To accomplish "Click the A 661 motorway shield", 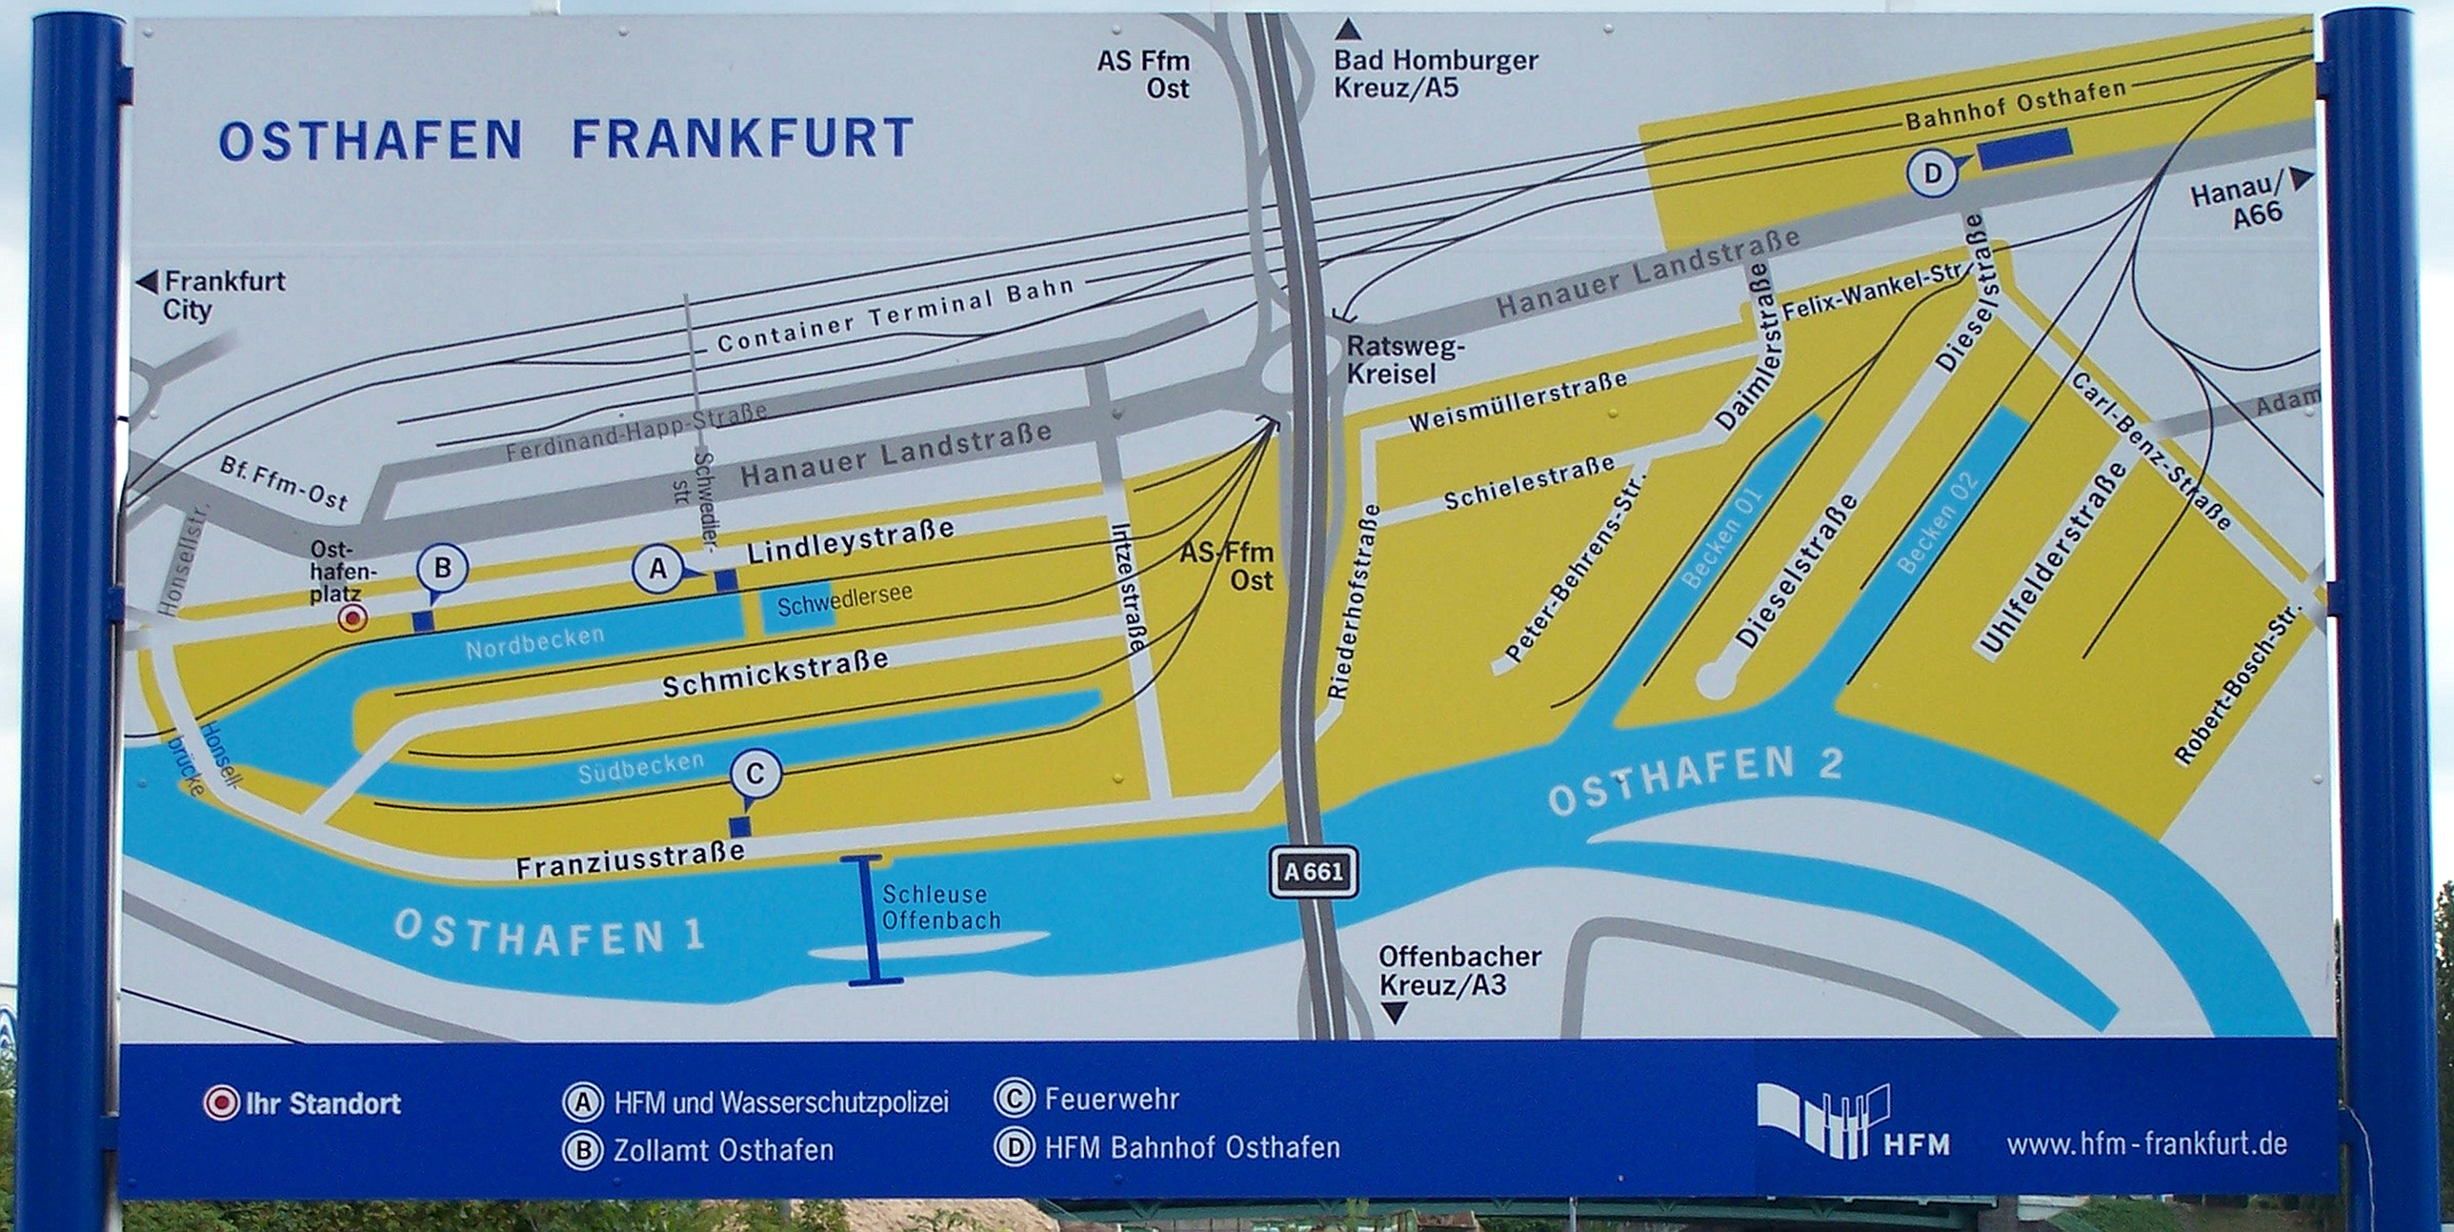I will click(1313, 871).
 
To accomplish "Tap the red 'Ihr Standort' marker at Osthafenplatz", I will click(353, 619).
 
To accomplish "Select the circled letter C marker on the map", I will click(755, 774).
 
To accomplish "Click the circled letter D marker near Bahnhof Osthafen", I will click(1932, 174).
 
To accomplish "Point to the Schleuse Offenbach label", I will click(940, 907).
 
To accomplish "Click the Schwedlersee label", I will click(844, 599).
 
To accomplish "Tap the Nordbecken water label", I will click(534, 642).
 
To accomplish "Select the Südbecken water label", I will click(640, 768).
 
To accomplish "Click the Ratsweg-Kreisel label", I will click(1404, 359).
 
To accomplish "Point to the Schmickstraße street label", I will click(774, 672).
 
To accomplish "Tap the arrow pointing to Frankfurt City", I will click(147, 282).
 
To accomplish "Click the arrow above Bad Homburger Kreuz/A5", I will click(1348, 30).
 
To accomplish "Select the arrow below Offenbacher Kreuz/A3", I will click(1394, 1013).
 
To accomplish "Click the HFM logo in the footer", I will click(1852, 1121).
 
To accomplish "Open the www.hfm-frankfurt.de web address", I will click(2146, 1143).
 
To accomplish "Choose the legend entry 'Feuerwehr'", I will click(1111, 1100).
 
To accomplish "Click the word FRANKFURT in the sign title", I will click(742, 139).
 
